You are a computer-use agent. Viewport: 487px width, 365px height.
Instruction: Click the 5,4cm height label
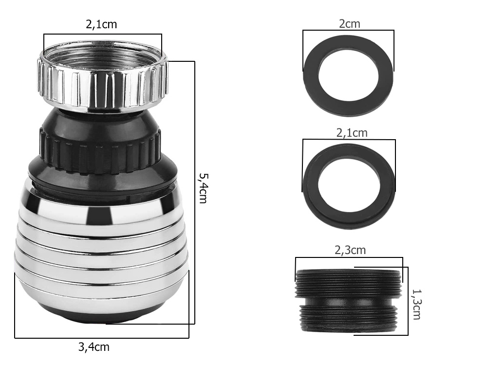point(204,188)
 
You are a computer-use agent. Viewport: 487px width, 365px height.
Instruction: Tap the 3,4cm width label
point(94,347)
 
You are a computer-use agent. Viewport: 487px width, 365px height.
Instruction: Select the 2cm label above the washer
point(349,24)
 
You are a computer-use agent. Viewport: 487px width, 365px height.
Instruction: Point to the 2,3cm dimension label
point(350,250)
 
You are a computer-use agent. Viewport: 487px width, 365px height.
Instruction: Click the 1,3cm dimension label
point(416,304)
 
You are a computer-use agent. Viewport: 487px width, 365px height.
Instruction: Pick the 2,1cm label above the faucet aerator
point(101,24)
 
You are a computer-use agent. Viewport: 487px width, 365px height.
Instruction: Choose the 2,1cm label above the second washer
point(352,133)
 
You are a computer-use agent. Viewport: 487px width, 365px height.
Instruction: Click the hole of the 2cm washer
point(349,74)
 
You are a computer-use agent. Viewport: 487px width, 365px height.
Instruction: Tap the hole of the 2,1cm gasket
point(349,185)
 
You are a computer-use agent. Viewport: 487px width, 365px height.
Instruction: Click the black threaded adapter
point(348,300)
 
